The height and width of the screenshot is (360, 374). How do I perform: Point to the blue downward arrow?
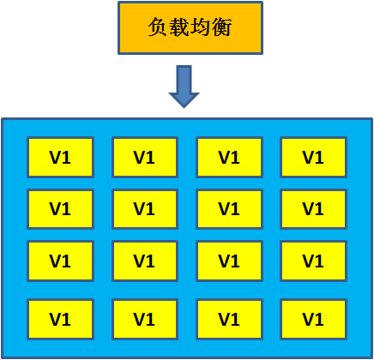pyautogui.click(x=184, y=86)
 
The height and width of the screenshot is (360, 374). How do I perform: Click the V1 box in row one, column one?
pyautogui.click(x=59, y=157)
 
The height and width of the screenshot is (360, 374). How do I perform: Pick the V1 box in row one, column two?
pyautogui.click(x=144, y=157)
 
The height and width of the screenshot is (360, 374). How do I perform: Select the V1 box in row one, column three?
pyautogui.click(x=228, y=157)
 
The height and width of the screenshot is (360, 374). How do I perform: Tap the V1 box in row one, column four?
pyautogui.click(x=313, y=157)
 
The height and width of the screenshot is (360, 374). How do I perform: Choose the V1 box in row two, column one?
pyautogui.click(x=59, y=208)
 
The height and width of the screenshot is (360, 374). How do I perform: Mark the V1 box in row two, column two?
pyautogui.click(x=144, y=208)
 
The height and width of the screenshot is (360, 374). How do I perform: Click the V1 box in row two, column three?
pyautogui.click(x=228, y=208)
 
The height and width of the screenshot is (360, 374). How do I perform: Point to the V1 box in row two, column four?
pyautogui.click(x=313, y=208)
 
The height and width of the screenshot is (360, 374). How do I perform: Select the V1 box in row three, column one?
pyautogui.click(x=59, y=261)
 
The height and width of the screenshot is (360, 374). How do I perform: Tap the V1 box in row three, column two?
pyautogui.click(x=144, y=261)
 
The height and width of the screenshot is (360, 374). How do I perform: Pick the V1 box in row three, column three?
pyautogui.click(x=228, y=261)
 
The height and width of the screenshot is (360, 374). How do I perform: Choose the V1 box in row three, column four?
pyautogui.click(x=313, y=261)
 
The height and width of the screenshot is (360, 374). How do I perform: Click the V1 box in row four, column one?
pyautogui.click(x=59, y=319)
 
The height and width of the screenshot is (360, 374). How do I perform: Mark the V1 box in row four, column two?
pyautogui.click(x=144, y=319)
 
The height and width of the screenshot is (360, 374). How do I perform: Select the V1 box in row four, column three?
pyautogui.click(x=228, y=319)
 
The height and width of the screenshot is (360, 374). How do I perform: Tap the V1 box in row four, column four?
pyautogui.click(x=313, y=319)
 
